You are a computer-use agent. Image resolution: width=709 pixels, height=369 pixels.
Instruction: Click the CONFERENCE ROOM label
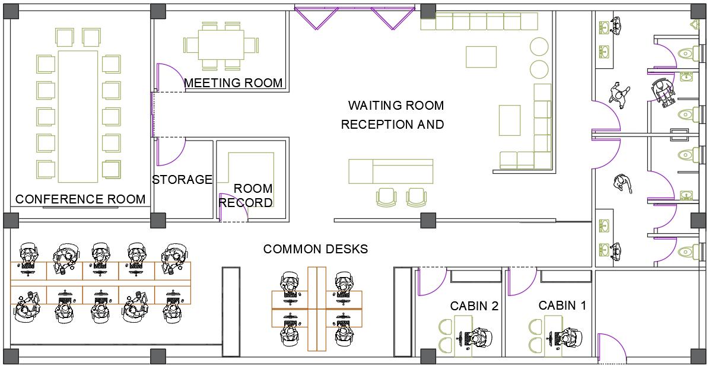(x=81, y=199)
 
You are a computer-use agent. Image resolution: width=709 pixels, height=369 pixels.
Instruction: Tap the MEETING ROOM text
(x=233, y=83)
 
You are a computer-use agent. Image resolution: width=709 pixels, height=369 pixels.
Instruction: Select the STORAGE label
(x=182, y=180)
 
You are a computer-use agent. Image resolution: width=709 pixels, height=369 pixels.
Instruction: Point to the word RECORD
(x=246, y=203)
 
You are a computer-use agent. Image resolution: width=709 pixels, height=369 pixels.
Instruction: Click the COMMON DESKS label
(x=316, y=249)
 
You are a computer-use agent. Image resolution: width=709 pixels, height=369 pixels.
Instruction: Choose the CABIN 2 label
(x=474, y=307)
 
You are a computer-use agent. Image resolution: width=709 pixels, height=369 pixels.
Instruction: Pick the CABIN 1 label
(x=562, y=306)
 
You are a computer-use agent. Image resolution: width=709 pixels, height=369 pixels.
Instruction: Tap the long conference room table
(x=78, y=116)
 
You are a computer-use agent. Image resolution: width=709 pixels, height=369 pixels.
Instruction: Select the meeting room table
(x=221, y=44)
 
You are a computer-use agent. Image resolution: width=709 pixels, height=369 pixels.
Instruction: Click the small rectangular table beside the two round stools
(x=481, y=57)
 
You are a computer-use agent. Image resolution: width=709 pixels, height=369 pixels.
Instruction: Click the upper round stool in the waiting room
(x=539, y=47)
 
